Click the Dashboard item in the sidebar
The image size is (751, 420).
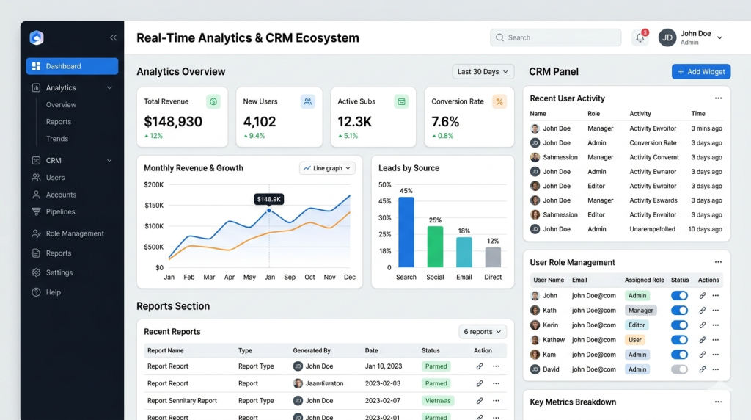pyautogui.click(x=72, y=66)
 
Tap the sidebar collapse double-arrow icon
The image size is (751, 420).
pyautogui.click(x=113, y=37)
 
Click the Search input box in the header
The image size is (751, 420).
pyautogui.click(x=556, y=37)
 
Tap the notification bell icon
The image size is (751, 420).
pyautogui.click(x=640, y=37)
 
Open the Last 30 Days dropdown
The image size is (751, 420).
pyautogui.click(x=483, y=71)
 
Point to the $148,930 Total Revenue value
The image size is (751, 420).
pyautogui.click(x=173, y=122)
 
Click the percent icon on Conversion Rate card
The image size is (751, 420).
pyautogui.click(x=499, y=101)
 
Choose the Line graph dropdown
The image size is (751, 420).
pyautogui.click(x=327, y=168)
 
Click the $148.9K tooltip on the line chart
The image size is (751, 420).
pyautogui.click(x=268, y=199)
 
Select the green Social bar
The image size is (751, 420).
pyautogui.click(x=435, y=247)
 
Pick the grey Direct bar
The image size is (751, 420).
pyautogui.click(x=493, y=257)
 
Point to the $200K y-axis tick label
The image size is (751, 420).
pyautogui.click(x=154, y=184)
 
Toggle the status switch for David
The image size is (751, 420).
pyautogui.click(x=679, y=369)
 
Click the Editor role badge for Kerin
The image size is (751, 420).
pyautogui.click(x=637, y=325)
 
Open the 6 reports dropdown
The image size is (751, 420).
pyautogui.click(x=483, y=332)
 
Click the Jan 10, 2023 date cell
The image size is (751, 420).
pyautogui.click(x=383, y=366)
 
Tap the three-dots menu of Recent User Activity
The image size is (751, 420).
pyautogui.click(x=718, y=98)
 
